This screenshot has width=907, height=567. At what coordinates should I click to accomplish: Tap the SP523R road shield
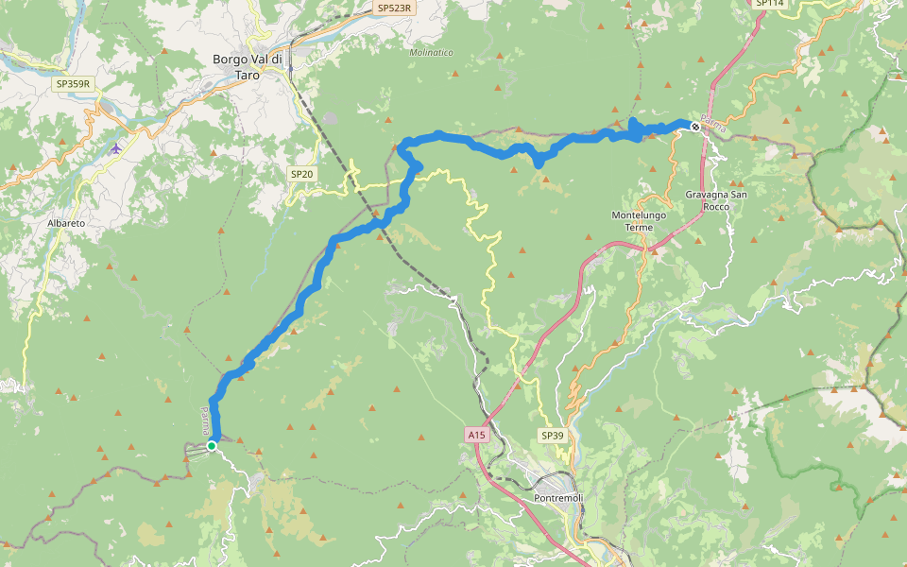395,8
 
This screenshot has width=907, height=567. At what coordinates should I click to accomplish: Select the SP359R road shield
73,84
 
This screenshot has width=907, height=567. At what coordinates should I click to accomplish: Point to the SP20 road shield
300,174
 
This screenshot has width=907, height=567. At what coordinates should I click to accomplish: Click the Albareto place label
66,223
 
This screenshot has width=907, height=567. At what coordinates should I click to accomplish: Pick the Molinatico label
431,53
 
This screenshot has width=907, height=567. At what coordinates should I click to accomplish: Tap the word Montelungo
640,215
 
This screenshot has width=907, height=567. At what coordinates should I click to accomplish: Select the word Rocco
715,206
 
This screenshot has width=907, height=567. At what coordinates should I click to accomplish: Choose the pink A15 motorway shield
476,435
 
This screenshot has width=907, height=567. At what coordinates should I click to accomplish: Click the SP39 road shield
552,436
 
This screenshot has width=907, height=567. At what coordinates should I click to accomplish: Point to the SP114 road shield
770,4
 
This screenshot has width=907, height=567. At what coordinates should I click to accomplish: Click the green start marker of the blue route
213,446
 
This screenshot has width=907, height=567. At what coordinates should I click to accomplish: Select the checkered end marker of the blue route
695,126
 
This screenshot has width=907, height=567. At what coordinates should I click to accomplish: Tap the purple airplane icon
115,147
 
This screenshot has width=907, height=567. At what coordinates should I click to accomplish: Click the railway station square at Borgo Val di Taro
290,67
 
